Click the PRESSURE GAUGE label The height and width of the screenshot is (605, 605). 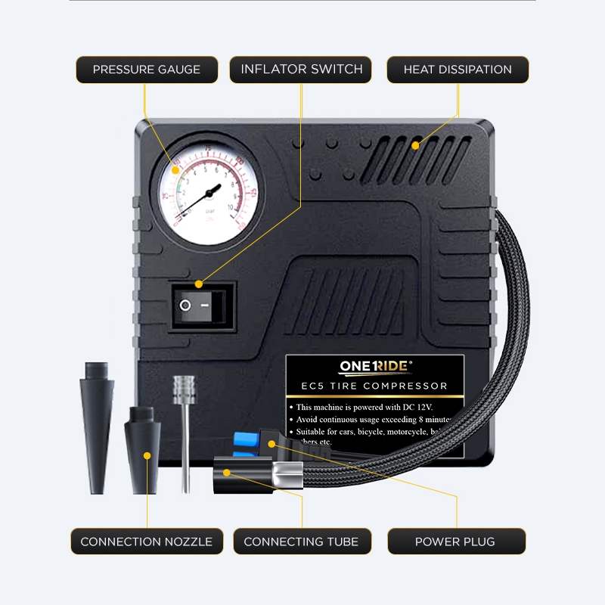147,70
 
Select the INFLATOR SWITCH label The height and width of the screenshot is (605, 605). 301,70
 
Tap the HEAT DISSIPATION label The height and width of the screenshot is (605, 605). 458,70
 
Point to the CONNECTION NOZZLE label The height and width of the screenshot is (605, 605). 147,541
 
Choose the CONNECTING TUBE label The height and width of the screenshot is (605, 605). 301,541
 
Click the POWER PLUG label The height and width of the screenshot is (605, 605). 455,541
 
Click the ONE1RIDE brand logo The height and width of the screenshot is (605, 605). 376,367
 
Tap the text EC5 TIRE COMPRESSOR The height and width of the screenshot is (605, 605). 374,386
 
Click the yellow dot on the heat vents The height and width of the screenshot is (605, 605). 415,144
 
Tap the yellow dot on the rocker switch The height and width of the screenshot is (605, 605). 199,284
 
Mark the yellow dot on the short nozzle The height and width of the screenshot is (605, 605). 148,455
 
